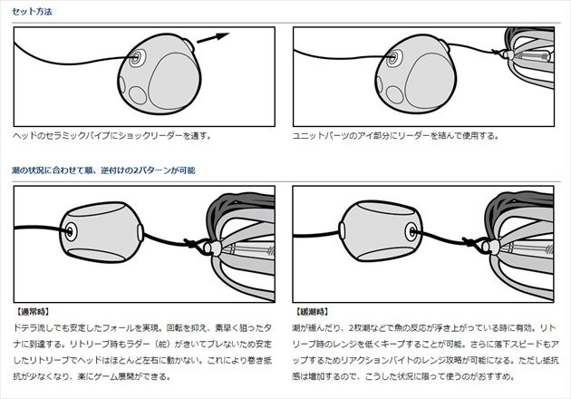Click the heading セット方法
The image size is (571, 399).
coord(32,12)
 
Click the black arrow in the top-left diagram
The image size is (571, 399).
coord(213,38)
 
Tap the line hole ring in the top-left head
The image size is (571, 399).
coord(137,57)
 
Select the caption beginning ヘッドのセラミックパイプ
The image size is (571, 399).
coord(112,136)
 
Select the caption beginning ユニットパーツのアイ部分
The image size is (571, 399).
coord(395,136)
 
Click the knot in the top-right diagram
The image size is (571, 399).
coord(496,53)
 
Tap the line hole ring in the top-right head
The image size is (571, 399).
coord(392,57)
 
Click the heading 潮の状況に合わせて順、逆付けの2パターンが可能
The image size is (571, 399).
coord(103,170)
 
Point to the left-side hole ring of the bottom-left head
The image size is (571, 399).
coord(70,231)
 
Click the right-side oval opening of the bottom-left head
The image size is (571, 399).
coord(140,233)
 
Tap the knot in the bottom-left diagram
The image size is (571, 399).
coord(190,243)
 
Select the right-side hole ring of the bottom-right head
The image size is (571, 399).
coord(411,231)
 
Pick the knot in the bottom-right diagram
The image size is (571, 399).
coord(469,241)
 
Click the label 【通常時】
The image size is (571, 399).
coord(33,312)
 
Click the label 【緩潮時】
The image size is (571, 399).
coord(312,312)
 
